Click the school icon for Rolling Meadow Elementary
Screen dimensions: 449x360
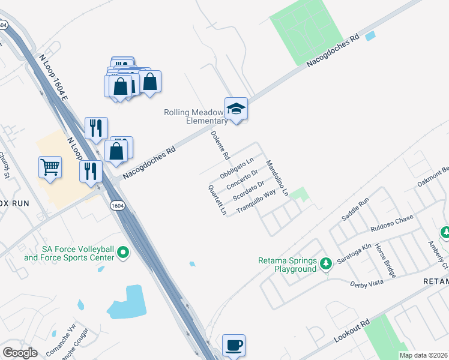click(x=236, y=109)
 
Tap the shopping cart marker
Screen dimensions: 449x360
click(x=50, y=167)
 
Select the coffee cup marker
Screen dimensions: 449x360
click(x=234, y=345)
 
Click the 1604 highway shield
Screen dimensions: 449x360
click(x=118, y=205)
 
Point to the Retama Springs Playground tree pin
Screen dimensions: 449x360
click(x=325, y=263)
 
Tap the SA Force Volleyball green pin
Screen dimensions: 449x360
click(x=123, y=253)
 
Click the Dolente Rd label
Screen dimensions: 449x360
click(x=221, y=146)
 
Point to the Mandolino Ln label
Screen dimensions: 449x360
click(x=277, y=178)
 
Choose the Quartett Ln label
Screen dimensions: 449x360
click(x=216, y=200)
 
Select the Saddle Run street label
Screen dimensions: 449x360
click(x=355, y=209)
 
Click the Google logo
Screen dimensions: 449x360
click(x=20, y=353)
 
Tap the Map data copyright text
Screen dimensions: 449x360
click(x=424, y=355)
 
